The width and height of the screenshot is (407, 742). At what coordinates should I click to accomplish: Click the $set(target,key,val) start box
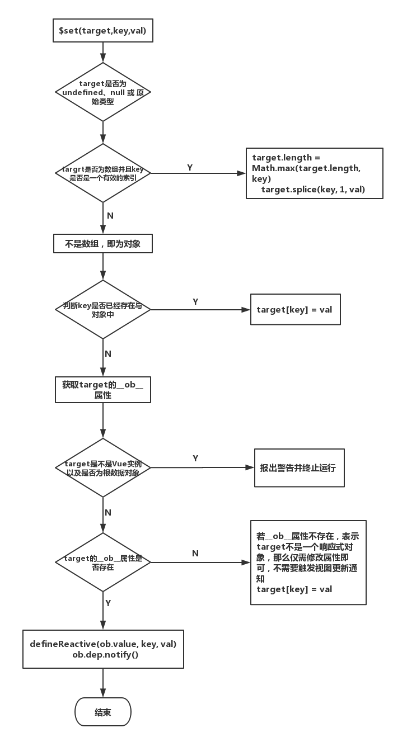click(102, 31)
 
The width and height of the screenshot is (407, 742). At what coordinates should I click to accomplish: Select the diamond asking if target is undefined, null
click(103, 92)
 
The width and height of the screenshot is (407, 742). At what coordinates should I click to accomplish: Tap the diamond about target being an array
click(103, 173)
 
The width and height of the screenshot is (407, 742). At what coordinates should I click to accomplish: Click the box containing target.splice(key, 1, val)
click(314, 173)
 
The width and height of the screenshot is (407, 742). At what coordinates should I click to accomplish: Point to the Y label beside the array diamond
click(190, 168)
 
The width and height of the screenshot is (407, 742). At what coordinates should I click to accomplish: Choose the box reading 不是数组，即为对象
click(103, 244)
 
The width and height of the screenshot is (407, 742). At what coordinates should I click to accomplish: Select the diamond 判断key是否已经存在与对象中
click(103, 310)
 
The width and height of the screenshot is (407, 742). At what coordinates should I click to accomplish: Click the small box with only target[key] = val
click(295, 309)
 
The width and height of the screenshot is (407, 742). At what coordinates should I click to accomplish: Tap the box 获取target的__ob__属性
click(103, 390)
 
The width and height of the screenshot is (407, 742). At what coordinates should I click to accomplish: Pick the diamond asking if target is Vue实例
click(103, 467)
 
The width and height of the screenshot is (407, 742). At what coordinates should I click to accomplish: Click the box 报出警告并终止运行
click(299, 467)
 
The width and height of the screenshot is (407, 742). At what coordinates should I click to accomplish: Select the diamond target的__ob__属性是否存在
click(103, 562)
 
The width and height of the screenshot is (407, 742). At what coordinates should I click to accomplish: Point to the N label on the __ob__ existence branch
click(195, 553)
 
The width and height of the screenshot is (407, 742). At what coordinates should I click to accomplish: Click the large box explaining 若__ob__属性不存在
click(308, 562)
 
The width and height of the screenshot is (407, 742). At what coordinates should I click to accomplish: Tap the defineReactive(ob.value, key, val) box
click(103, 649)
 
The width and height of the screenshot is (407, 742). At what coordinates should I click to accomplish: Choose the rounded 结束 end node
click(103, 712)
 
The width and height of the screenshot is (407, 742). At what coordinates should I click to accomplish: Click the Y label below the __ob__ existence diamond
click(108, 603)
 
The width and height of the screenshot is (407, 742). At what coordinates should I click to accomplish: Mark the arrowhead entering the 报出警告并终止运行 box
click(251, 467)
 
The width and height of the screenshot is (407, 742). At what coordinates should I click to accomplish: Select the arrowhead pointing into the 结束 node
click(103, 693)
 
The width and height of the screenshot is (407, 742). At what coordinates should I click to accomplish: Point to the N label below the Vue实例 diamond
click(108, 513)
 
